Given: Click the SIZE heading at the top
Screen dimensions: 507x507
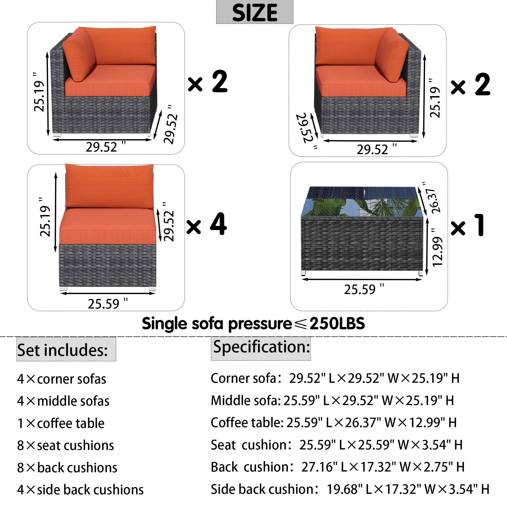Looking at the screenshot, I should (254, 12).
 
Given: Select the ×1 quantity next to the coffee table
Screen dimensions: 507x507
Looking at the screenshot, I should (467, 225).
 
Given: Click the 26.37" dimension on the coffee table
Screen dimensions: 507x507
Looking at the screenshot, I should (433, 198).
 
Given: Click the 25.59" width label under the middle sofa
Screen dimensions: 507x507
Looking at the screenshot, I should (107, 304).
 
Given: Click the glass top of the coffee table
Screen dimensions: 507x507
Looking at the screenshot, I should (362, 202).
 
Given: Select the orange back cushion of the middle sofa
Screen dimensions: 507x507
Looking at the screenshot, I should (109, 186).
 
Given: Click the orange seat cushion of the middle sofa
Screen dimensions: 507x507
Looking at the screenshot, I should (107, 226).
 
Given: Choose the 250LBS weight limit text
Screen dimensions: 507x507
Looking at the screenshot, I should (337, 323).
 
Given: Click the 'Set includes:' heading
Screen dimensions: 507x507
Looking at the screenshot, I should (62, 350).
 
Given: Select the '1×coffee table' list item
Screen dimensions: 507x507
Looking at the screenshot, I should (61, 423).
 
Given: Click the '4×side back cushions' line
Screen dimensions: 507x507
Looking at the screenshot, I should (80, 490).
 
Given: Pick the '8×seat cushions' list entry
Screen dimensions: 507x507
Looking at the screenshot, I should (66, 445).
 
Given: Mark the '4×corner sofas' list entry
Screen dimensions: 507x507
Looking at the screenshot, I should (62, 379).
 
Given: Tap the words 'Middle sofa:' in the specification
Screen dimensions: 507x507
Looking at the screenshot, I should (246, 401).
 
